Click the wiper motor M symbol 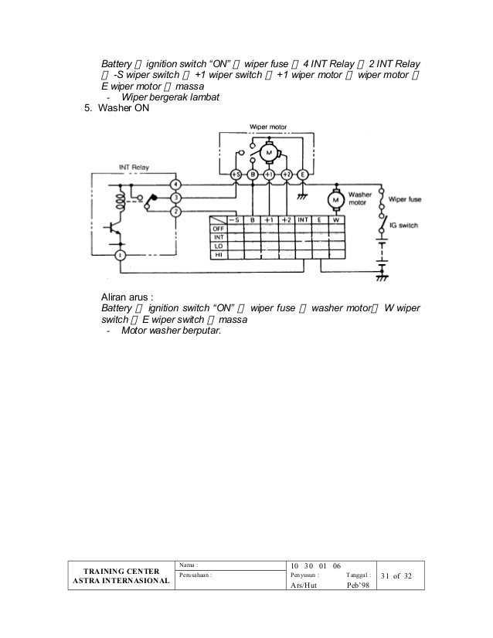(270, 152)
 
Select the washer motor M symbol (335, 201)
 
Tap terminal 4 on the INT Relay (176, 185)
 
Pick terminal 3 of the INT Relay (176, 198)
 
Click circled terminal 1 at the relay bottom (120, 255)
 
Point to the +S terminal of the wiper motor (235, 175)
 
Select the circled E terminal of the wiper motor (303, 175)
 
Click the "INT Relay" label (134, 165)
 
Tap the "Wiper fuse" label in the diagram (405, 199)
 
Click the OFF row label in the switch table (219, 229)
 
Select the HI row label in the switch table (219, 254)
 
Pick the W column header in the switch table (336, 219)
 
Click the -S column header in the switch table (233, 219)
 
